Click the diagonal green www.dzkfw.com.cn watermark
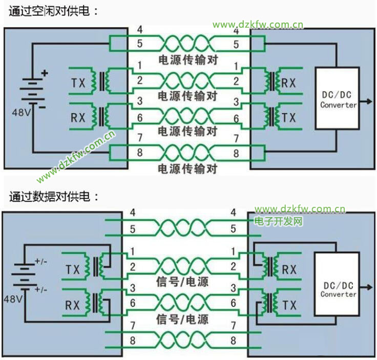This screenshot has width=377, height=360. (x=76, y=157)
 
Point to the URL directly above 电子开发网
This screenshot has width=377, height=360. (x=300, y=209)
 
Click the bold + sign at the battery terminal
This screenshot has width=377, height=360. (x=45, y=74)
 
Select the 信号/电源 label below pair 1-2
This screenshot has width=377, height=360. (x=182, y=281)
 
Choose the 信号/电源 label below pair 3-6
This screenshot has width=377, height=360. (x=182, y=320)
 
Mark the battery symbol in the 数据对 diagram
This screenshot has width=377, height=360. (x=24, y=276)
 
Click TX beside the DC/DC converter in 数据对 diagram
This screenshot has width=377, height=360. (x=289, y=306)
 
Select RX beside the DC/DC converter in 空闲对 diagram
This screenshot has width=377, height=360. (x=289, y=82)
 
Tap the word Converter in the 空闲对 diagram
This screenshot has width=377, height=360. (x=338, y=105)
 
